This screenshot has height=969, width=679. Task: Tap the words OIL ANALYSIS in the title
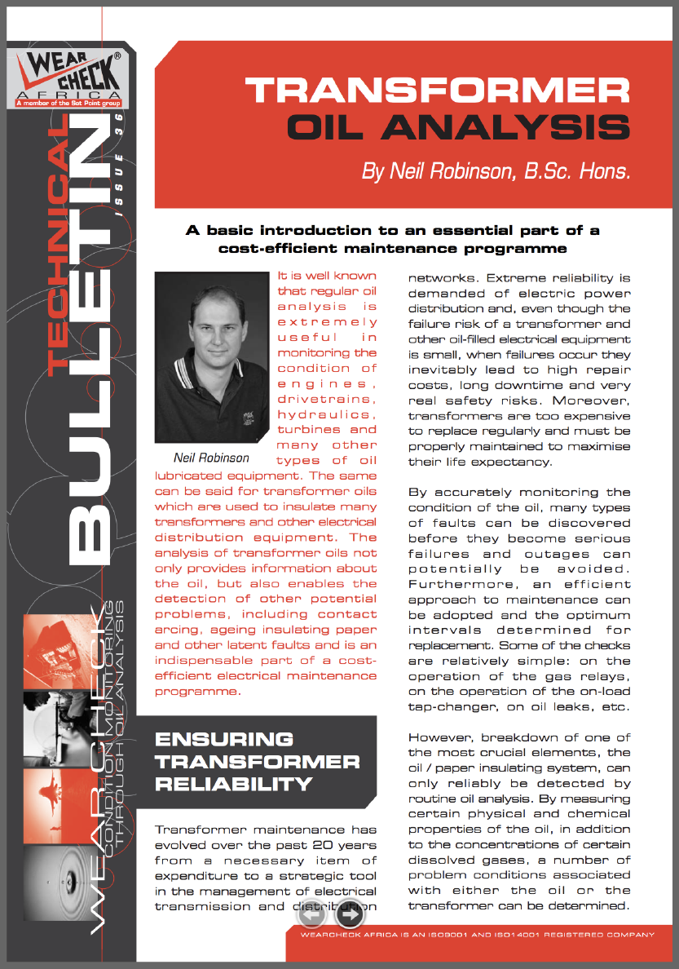(x=460, y=129)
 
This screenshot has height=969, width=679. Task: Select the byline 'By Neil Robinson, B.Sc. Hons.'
(x=496, y=172)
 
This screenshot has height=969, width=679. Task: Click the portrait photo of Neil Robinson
(x=212, y=356)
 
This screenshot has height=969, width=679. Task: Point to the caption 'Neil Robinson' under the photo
(x=212, y=457)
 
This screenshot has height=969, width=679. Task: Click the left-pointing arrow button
(x=311, y=916)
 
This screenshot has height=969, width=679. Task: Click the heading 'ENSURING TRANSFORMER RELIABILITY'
(x=257, y=762)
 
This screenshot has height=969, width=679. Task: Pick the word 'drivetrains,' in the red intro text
(x=327, y=399)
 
